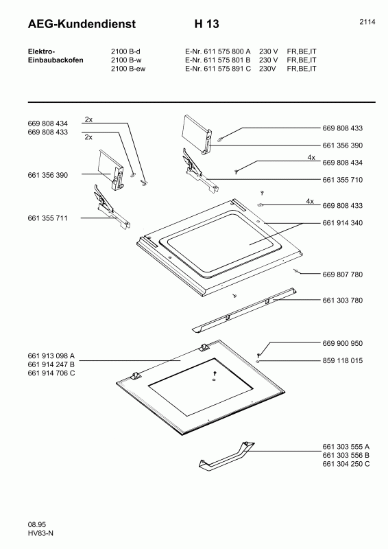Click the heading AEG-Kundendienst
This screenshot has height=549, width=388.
coord(82,24)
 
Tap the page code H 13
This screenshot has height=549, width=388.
coord(207,24)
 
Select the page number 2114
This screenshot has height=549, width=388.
coord(367,22)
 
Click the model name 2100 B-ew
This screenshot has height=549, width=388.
coord(128,69)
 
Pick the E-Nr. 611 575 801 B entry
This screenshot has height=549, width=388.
coord(218,60)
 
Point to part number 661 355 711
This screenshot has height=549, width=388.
coord(47,218)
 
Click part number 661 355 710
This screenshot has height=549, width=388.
coord(343,180)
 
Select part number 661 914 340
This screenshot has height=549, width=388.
coord(343,223)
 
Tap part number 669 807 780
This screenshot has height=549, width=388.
coord(343,274)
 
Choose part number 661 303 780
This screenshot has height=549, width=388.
coord(343,300)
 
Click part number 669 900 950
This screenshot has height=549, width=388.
coord(343,343)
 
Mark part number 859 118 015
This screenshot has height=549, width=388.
coord(343,361)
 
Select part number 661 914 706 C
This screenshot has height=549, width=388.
coord(51,373)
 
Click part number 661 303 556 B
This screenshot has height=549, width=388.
coord(346,455)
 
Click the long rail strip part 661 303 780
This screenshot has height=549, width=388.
coord(244,310)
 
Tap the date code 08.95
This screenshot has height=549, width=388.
coord(37,524)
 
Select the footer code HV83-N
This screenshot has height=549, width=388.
coord(40,533)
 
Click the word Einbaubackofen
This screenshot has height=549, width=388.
coord(56,60)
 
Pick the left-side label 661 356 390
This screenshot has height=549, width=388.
coord(47,175)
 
